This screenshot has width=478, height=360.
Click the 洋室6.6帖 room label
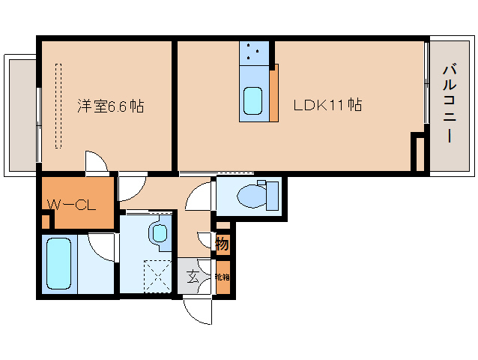pos(110,106)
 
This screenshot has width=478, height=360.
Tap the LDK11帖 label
pos(327,105)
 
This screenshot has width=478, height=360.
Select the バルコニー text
pos(450,103)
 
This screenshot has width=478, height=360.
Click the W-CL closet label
pos(72,205)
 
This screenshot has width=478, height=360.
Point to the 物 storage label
pos(223,244)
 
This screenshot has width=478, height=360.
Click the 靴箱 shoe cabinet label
pos(223,277)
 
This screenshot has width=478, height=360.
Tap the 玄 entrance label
pos(193,277)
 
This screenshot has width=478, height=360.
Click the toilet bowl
pos(252,196)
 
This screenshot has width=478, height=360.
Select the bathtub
pos(59,263)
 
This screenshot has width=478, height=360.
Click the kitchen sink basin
pos(253,101)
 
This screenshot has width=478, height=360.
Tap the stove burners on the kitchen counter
pos(254,52)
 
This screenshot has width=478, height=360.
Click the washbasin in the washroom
pos(160,234)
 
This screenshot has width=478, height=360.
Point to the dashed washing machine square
pos(157,276)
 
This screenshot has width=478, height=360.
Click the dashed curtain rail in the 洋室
pos(58,106)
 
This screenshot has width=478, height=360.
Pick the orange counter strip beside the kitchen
pos(274,93)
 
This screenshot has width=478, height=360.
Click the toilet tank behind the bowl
pos(272,196)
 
